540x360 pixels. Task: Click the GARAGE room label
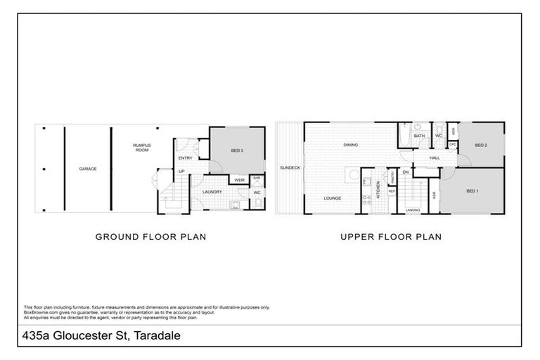click(x=87, y=169)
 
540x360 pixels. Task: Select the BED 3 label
click(x=237, y=150)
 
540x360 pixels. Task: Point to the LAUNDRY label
click(x=212, y=191)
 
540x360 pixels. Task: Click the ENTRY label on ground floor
click(x=186, y=157)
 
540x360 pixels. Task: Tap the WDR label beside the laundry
click(x=239, y=180)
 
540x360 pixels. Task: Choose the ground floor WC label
click(x=257, y=192)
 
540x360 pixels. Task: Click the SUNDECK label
click(x=290, y=168)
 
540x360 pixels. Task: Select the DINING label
click(x=351, y=145)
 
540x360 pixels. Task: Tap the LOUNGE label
click(x=333, y=198)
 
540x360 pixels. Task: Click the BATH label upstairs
click(x=419, y=136)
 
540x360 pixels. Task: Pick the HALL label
click(x=435, y=158)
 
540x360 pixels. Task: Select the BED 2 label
click(x=481, y=145)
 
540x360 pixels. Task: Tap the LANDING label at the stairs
click(x=413, y=209)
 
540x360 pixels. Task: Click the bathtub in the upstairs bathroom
click(x=405, y=136)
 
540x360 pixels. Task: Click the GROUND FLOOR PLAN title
click(x=150, y=237)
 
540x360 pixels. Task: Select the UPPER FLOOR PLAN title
click(x=391, y=237)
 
